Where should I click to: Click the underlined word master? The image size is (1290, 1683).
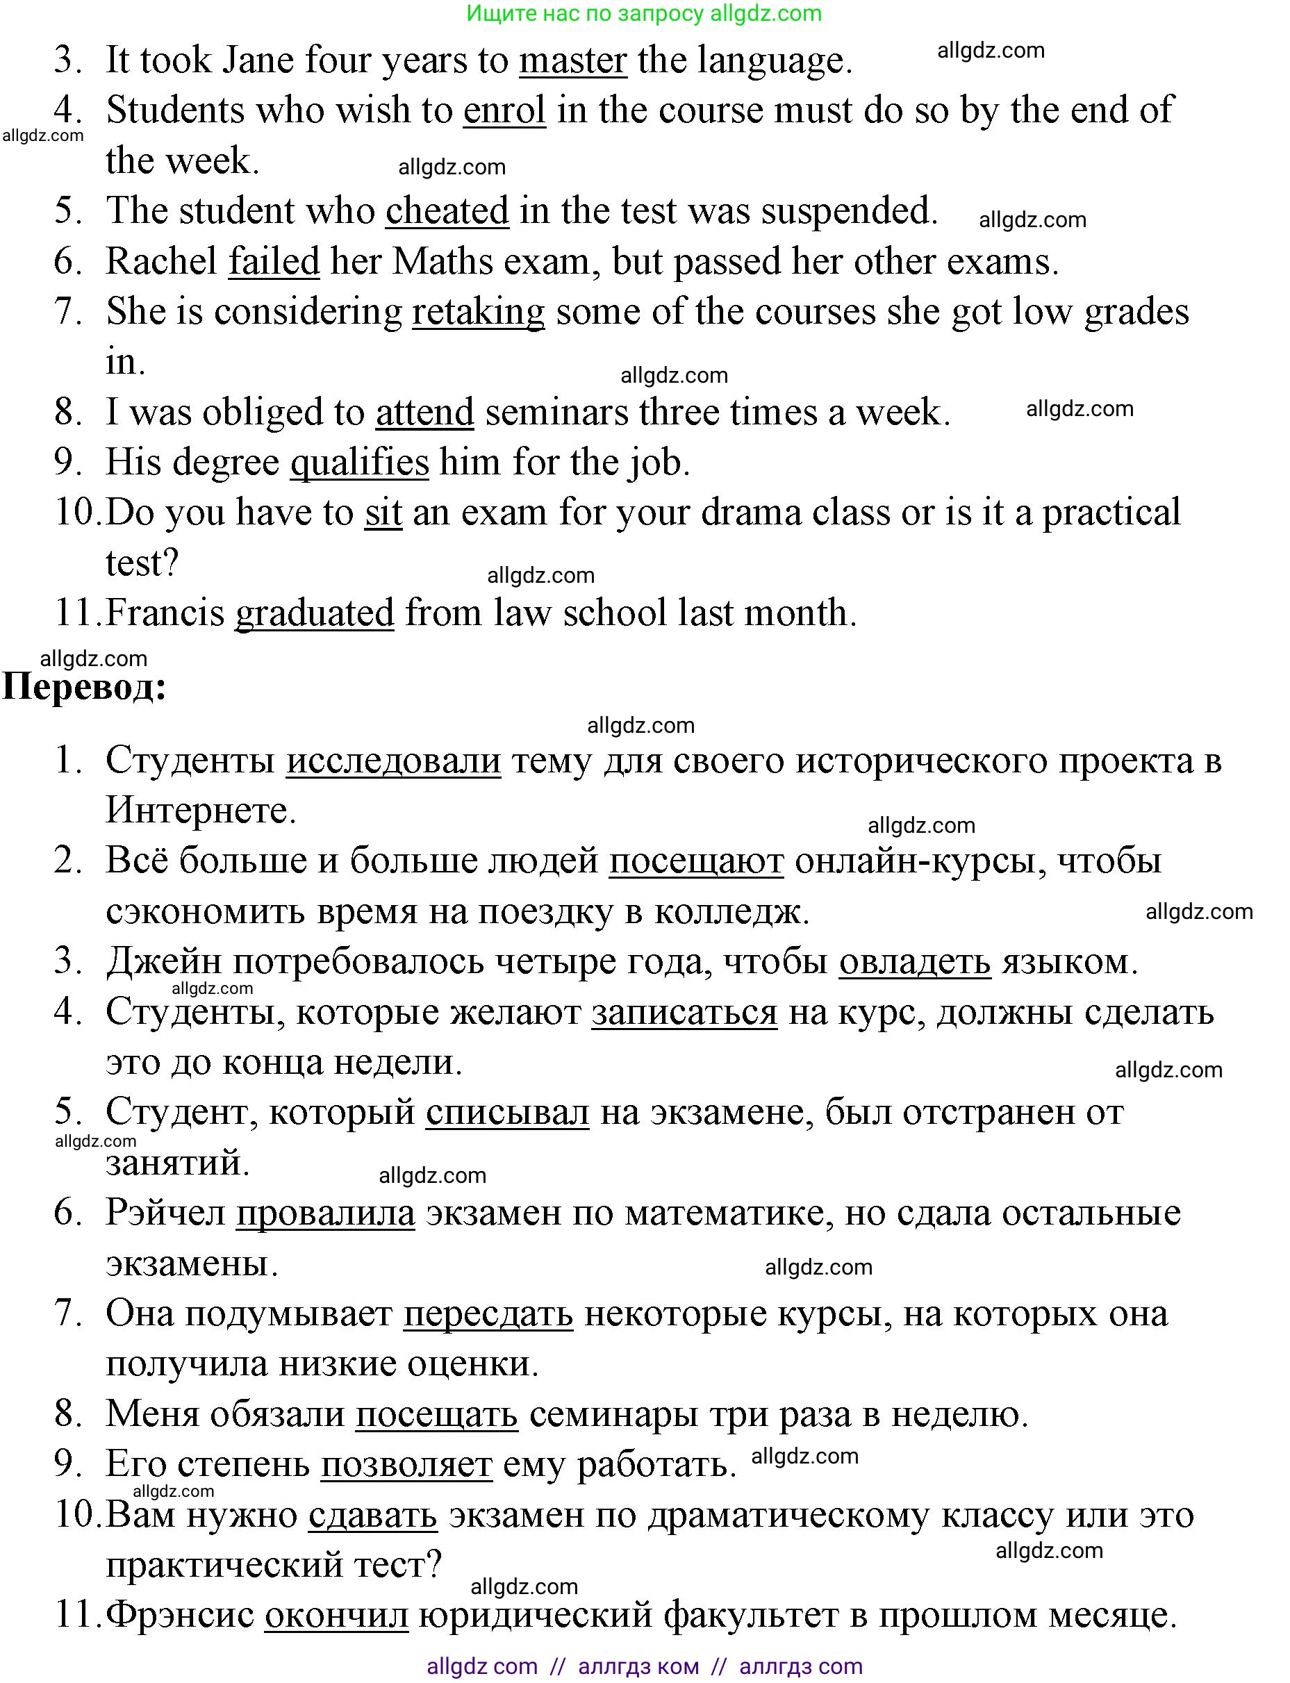[573, 60]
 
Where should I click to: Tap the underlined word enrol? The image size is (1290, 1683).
[504, 110]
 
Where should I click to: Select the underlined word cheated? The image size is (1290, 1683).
[447, 211]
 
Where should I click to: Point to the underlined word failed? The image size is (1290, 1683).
[274, 262]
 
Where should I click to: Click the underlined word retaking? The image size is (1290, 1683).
[479, 313]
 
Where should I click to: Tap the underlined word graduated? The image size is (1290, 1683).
[314, 613]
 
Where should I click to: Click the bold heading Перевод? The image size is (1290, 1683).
[85, 686]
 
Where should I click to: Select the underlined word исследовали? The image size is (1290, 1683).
[393, 761]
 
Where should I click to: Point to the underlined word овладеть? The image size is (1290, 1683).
[914, 962]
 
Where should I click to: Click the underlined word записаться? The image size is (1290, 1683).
[684, 1013]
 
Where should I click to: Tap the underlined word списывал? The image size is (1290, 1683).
[508, 1113]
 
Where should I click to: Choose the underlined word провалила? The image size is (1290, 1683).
[326, 1214]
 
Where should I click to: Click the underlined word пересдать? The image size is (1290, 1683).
[488, 1313]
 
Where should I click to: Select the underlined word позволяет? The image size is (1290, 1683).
[406, 1464]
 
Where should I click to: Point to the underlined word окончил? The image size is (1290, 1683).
[336, 1615]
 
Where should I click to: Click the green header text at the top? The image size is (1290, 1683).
[644, 13]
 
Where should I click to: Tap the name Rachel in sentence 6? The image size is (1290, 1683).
[161, 262]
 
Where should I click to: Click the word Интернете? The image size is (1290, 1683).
[200, 811]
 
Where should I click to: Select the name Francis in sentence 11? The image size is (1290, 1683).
[165, 613]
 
